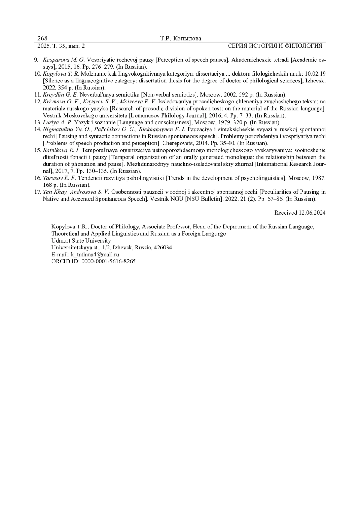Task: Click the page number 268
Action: click(x=42, y=38)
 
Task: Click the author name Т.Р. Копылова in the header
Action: click(x=181, y=38)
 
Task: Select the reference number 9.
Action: click(x=36, y=60)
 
